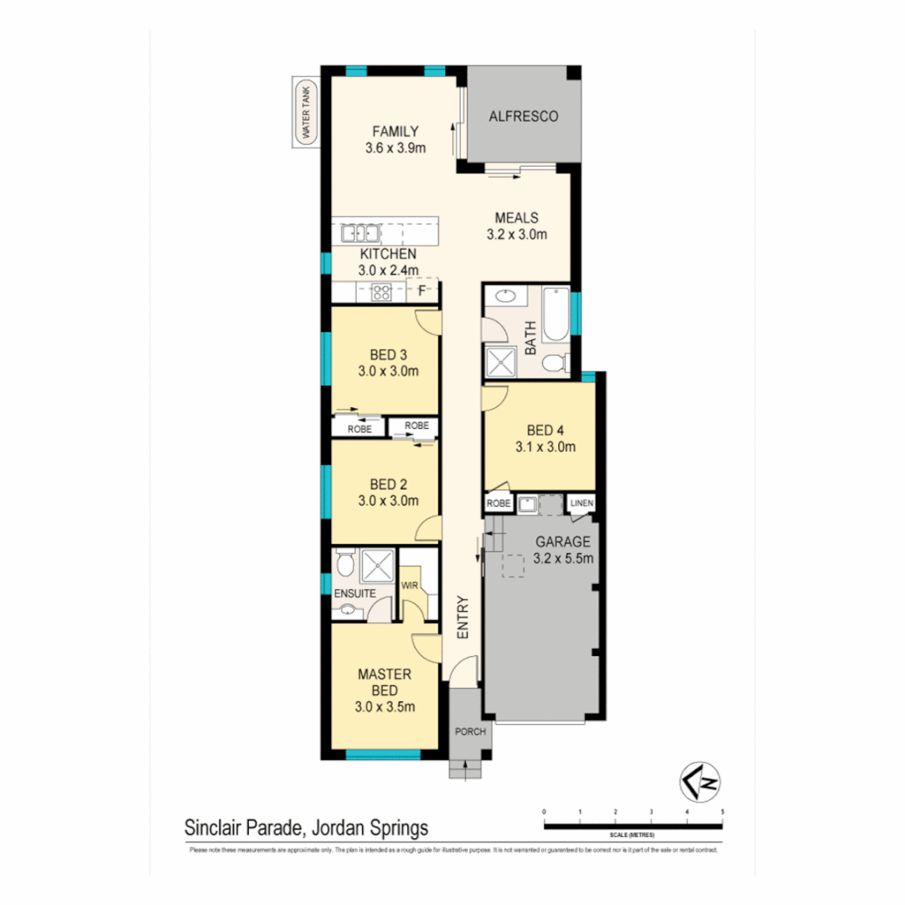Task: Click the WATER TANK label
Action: pyautogui.click(x=306, y=112)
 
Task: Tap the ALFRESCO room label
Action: pyautogui.click(x=523, y=116)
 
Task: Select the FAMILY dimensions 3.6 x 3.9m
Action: pyautogui.click(x=396, y=148)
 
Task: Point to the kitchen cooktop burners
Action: pyautogui.click(x=381, y=292)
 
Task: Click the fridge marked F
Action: pyautogui.click(x=422, y=291)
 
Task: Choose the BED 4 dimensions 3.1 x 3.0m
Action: pyautogui.click(x=546, y=447)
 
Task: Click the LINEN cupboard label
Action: pyautogui.click(x=582, y=503)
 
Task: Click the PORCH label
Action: pyautogui.click(x=470, y=732)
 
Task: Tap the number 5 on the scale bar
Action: pyautogui.click(x=721, y=812)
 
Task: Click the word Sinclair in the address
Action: pyautogui.click(x=213, y=828)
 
